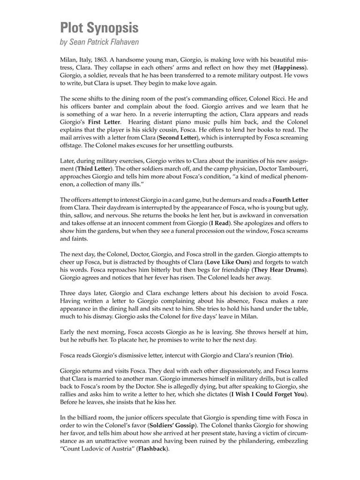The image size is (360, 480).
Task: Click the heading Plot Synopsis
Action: point(99,28)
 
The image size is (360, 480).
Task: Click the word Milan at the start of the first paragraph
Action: point(69,60)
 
